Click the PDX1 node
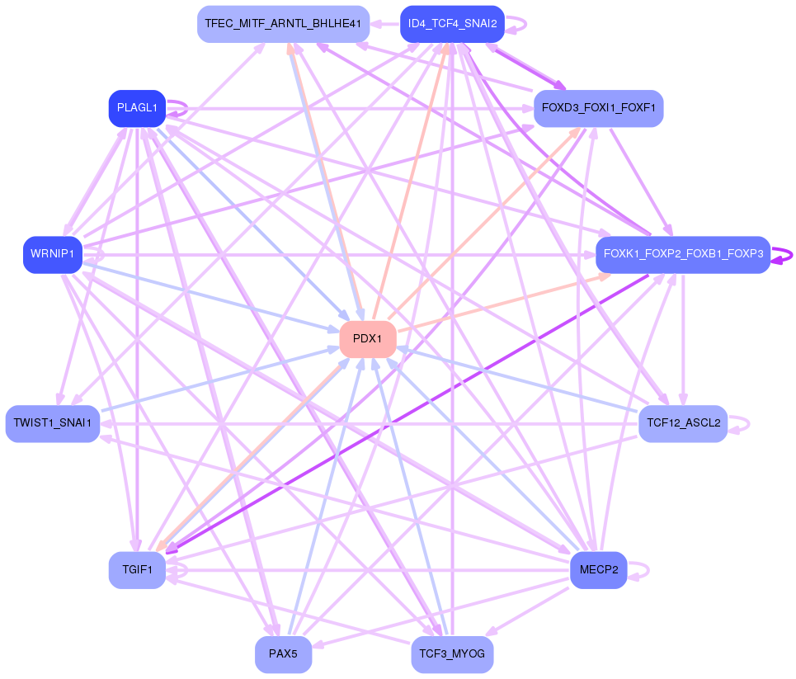pyautogui.click(x=368, y=339)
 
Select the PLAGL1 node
pyautogui.click(x=137, y=108)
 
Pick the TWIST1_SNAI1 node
pyautogui.click(x=53, y=424)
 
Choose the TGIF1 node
pyautogui.click(x=137, y=570)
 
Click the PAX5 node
pyautogui.click(x=283, y=654)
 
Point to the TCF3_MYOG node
pyautogui.click(x=452, y=654)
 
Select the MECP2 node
pyautogui.click(x=598, y=570)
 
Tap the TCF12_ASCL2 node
pyautogui.click(x=683, y=424)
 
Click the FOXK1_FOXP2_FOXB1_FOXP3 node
pyautogui.click(x=683, y=254)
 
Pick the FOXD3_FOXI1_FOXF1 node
pyautogui.click(x=598, y=108)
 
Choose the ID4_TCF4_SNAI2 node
pyautogui.click(x=452, y=24)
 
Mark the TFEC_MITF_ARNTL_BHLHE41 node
pyautogui.click(x=283, y=24)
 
